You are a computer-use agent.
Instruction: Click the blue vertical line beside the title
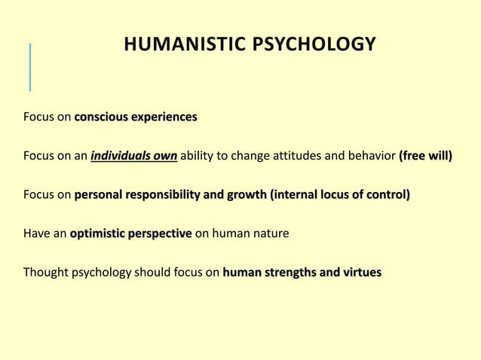point(30,66)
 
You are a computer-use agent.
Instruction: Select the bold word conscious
point(101,117)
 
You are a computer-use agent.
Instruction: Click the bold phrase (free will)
point(425,157)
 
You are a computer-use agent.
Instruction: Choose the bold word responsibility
point(164,195)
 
